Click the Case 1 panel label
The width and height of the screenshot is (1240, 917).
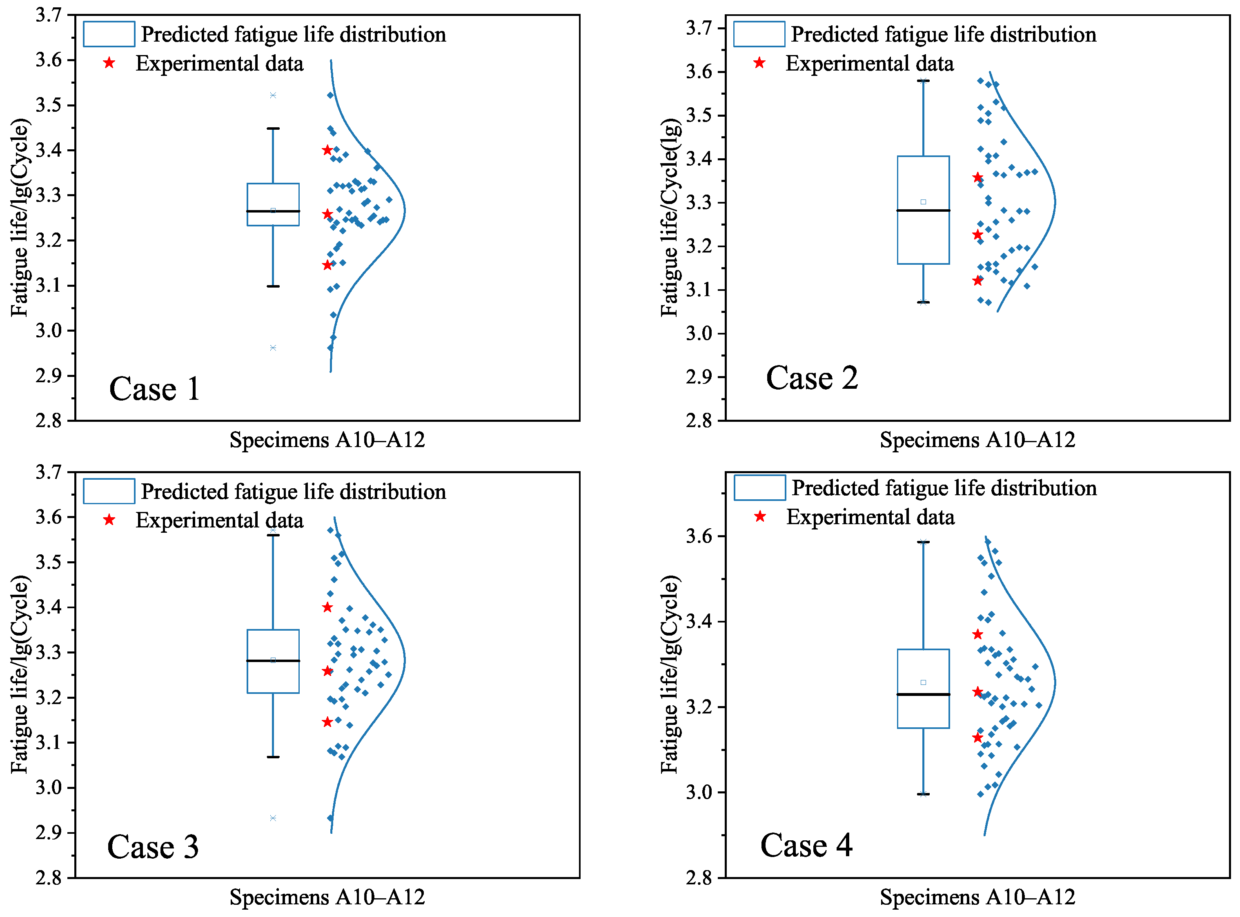point(154,389)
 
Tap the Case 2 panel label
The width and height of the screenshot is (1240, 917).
point(811,378)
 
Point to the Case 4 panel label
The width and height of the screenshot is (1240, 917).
point(806,845)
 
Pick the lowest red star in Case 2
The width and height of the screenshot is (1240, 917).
point(977,280)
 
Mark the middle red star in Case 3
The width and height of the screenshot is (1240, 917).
point(327,671)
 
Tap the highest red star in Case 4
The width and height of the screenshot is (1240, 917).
point(977,634)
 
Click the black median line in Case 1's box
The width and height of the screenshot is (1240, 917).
point(273,211)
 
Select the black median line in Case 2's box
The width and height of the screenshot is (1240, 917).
point(923,210)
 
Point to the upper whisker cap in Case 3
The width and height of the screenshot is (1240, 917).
point(273,535)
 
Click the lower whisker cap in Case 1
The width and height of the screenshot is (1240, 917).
point(273,286)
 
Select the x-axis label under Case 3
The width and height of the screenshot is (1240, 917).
point(327,897)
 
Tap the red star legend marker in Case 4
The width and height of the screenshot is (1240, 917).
point(759,517)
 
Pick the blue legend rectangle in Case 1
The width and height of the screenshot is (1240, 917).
point(109,34)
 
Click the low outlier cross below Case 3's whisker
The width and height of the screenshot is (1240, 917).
point(273,818)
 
